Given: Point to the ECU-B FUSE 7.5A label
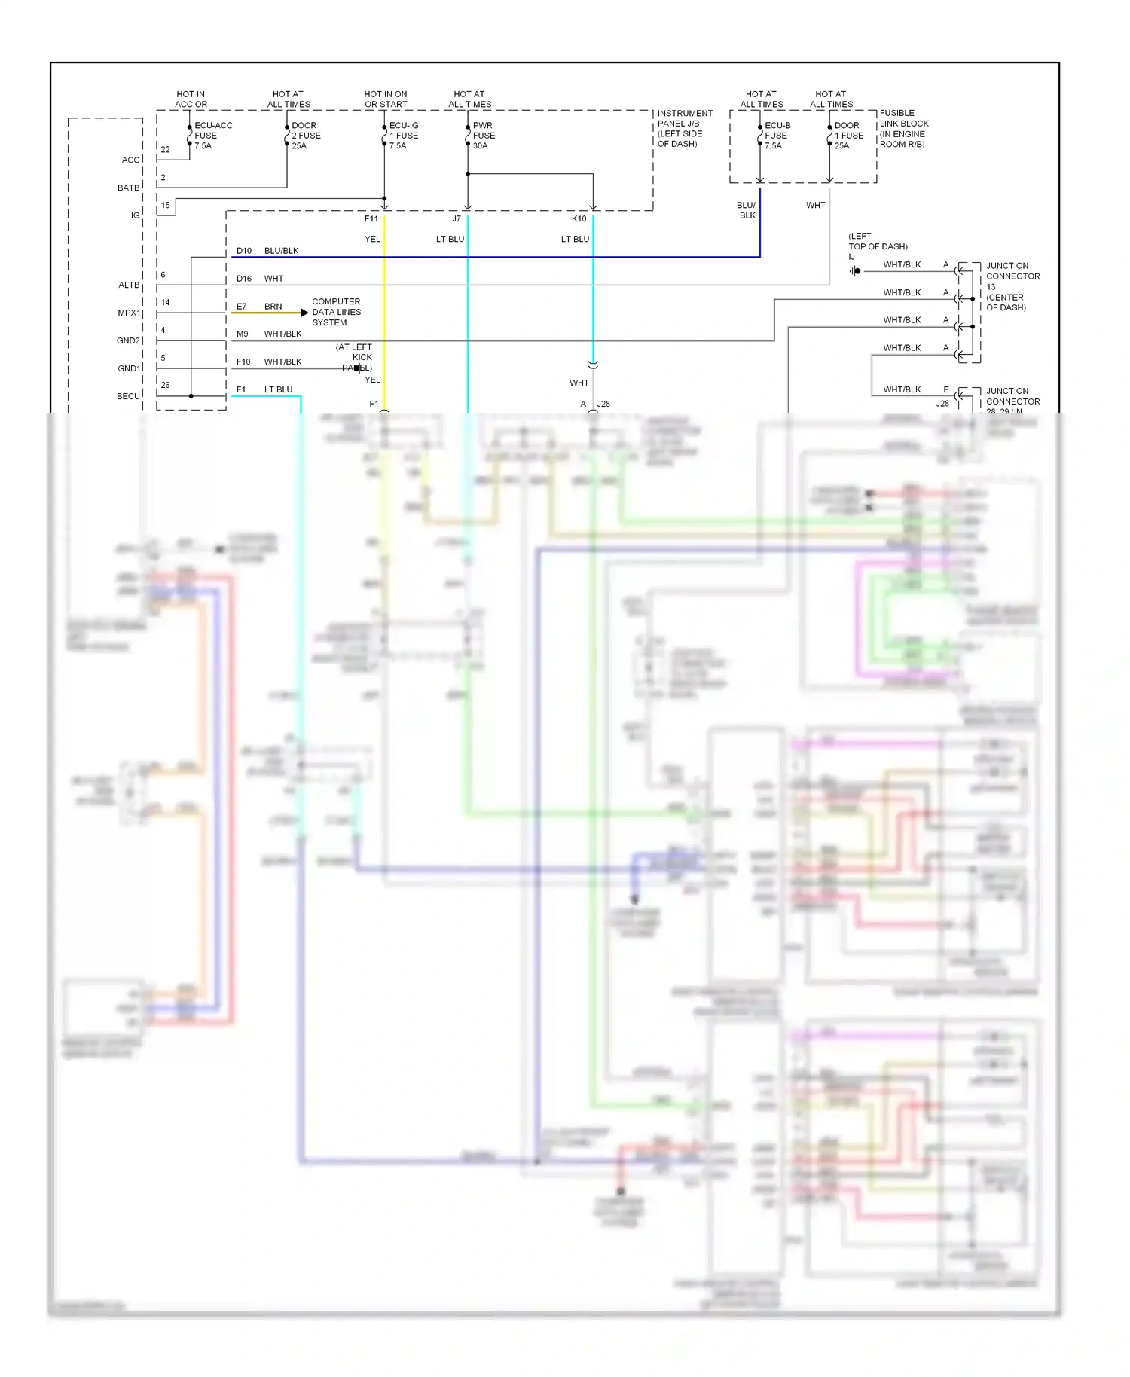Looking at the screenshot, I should (x=777, y=136).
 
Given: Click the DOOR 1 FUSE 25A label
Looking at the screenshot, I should (x=848, y=136).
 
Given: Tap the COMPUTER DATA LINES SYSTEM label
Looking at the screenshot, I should (x=336, y=312).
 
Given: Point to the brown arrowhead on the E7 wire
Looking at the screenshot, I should (x=304, y=313).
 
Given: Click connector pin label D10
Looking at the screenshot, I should (x=244, y=251).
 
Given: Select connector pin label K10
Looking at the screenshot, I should (x=579, y=219).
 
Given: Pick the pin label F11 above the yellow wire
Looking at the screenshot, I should (x=371, y=219).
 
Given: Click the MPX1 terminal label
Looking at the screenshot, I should (x=129, y=313).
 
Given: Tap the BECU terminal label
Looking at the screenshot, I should (x=128, y=396).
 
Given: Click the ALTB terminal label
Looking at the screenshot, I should (x=129, y=285).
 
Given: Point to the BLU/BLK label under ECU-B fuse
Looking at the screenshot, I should (x=747, y=210).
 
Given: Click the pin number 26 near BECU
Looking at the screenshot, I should (x=165, y=385).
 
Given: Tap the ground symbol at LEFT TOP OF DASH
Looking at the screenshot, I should (x=855, y=271).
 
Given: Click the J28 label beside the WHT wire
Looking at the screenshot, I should (x=603, y=404).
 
